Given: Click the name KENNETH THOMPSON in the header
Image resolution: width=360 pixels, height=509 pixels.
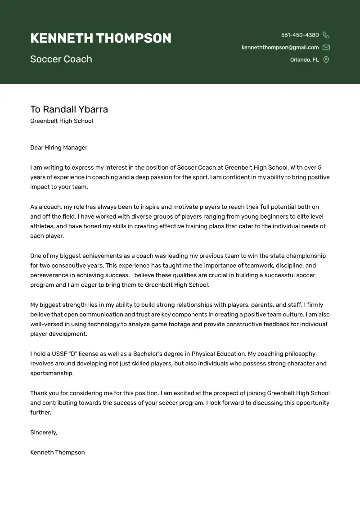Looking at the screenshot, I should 101,38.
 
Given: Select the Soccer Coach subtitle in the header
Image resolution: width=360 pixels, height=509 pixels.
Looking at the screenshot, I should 61,59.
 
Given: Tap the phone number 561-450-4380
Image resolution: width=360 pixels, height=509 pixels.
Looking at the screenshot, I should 300,35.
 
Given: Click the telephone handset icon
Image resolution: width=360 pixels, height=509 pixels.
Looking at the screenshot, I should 326,35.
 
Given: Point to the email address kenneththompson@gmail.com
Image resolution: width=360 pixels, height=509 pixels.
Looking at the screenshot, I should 280,47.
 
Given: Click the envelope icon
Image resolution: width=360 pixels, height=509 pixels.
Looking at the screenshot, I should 326,47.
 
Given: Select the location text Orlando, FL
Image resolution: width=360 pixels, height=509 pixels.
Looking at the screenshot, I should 304,60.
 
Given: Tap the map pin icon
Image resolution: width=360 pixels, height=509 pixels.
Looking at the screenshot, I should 326,60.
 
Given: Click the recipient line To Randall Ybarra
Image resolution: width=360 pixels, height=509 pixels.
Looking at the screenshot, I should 69,109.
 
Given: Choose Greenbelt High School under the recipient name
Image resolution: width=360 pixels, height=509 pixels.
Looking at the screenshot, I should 62,121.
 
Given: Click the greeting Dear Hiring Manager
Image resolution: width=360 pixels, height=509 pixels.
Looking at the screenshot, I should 59,148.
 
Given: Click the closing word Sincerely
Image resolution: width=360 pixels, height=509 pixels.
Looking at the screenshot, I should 44,432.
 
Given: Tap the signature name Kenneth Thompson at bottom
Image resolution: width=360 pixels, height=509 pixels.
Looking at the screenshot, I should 57,452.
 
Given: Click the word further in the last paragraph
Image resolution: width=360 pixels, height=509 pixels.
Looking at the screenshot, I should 40,412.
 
